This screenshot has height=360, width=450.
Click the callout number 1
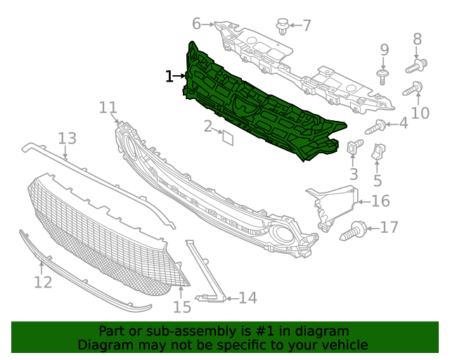pos(169,76)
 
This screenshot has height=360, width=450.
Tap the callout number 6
pos(196,23)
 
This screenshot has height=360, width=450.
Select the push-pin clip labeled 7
pos(283,27)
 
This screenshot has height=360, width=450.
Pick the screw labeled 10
pos(413,89)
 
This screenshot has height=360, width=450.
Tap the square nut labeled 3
pos(354,148)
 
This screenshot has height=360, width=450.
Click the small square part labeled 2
pos(227,137)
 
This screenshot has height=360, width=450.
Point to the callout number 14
pos(247,298)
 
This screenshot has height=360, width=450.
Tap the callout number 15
pos(182,307)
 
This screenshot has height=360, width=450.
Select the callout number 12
pos(43,282)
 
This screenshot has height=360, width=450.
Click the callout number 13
pos(67,138)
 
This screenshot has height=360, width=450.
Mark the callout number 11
pos(108,108)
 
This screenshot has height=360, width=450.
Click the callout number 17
pos(389,227)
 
